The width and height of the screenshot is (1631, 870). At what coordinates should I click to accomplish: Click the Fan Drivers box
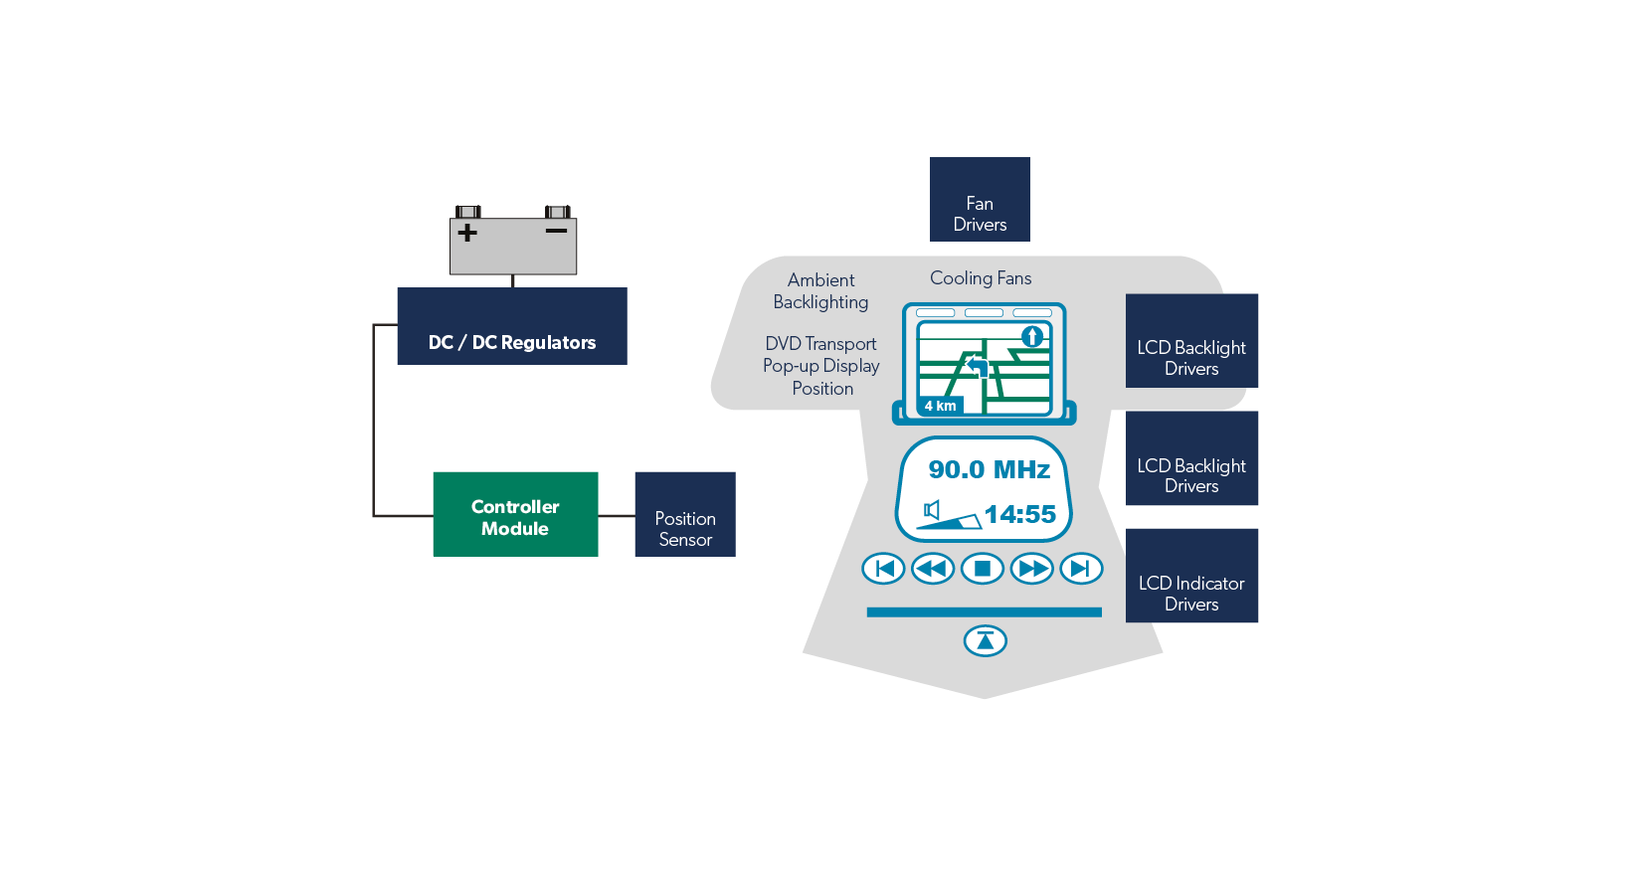(x=980, y=200)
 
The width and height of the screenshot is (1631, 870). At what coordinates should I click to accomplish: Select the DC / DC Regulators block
(x=511, y=326)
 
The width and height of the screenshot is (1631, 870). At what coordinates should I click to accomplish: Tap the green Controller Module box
(x=515, y=514)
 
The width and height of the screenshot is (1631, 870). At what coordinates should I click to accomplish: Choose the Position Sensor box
(x=685, y=515)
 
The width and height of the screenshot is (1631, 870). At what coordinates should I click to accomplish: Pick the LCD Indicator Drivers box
(x=1191, y=577)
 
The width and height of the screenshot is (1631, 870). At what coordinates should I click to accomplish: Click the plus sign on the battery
(x=467, y=233)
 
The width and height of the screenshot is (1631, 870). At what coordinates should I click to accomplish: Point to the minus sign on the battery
(x=556, y=231)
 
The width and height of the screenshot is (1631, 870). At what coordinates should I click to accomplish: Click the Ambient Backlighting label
(x=820, y=291)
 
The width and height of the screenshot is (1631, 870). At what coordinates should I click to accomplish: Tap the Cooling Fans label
(x=981, y=278)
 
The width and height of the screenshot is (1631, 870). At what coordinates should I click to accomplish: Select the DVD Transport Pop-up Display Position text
(x=821, y=366)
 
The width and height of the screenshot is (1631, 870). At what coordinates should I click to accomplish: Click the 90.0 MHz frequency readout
(x=989, y=469)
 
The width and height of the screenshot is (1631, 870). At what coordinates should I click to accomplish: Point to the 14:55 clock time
(x=1019, y=514)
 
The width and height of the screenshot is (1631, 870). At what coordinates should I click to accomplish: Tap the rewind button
(x=933, y=569)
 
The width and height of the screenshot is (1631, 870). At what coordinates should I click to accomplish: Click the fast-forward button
(x=1031, y=569)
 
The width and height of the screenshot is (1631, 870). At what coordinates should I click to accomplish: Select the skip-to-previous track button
(x=883, y=569)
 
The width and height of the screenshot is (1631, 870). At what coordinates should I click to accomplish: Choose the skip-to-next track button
(x=1081, y=569)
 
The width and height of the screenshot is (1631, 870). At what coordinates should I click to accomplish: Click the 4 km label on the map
(x=940, y=406)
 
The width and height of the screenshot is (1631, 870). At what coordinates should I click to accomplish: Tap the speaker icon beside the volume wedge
(x=932, y=510)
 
